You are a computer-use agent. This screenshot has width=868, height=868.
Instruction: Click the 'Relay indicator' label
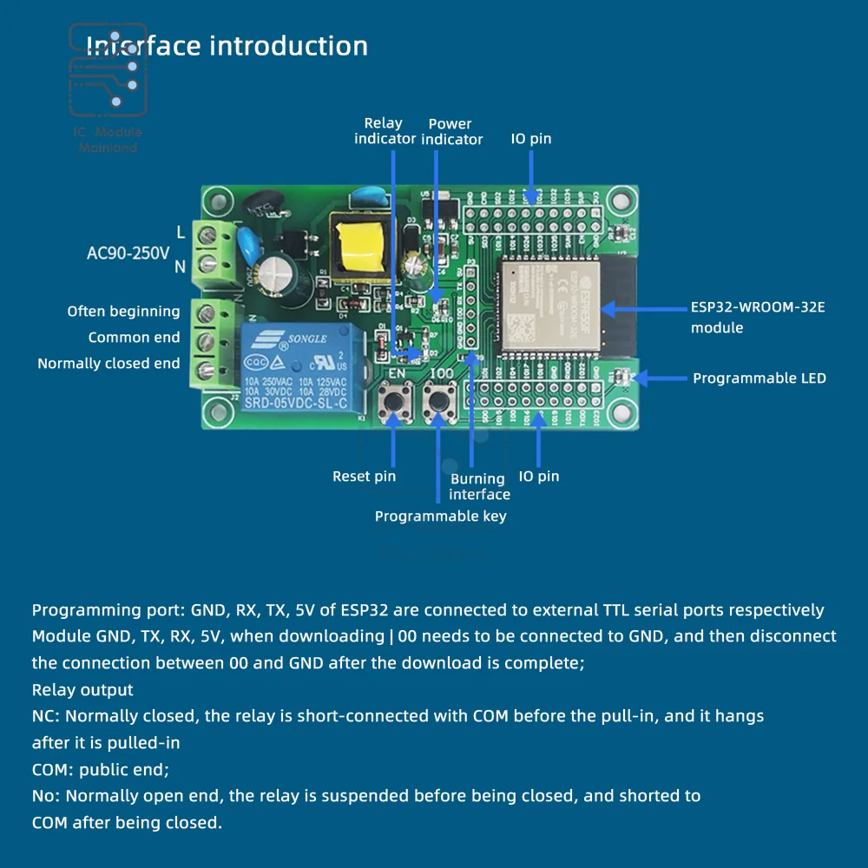pos(385,131)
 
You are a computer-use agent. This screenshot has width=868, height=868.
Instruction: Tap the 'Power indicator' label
pos(451,131)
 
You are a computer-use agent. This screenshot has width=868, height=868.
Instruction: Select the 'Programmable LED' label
pos(759,378)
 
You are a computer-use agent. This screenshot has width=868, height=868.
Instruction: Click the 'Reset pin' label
pos(364,476)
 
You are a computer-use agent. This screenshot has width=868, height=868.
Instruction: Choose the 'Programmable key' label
pos(440,516)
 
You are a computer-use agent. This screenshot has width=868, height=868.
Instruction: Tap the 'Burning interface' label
pos(479,486)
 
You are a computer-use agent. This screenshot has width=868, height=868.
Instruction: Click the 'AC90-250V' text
pos(128,253)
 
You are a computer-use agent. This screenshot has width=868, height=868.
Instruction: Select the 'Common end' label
pos(134,338)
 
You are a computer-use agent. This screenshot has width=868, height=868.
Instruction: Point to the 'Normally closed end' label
pos(108,364)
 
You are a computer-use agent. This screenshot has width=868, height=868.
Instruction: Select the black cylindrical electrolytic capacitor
pos(282,276)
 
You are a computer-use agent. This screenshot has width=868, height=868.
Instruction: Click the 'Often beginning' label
pos(123,312)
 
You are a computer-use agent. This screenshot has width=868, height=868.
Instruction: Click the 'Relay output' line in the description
pos(82,690)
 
